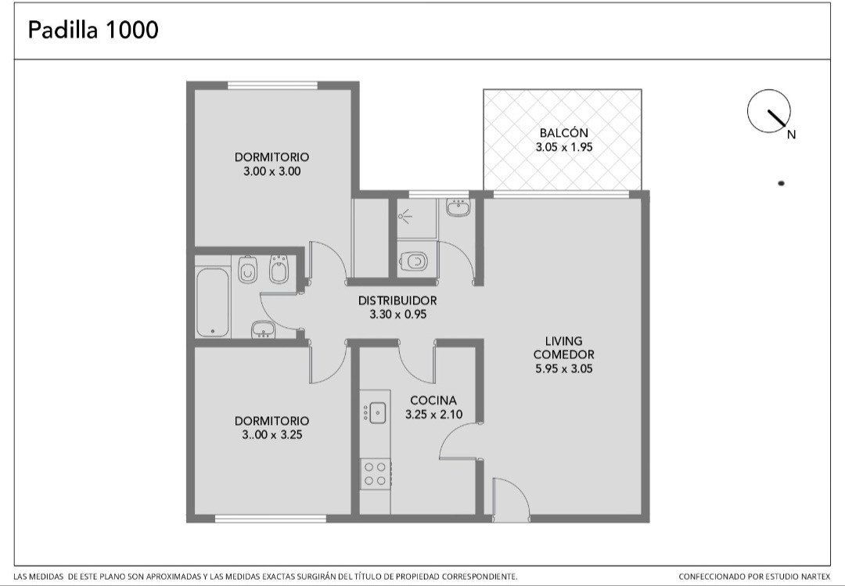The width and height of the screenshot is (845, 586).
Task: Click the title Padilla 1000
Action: coord(93,30)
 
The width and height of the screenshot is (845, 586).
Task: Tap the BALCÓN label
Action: coord(563,133)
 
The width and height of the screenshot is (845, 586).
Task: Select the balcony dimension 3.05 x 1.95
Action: coord(563,147)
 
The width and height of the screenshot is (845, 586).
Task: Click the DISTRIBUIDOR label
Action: coord(397,300)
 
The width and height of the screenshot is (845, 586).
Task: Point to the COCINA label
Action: coord(433,401)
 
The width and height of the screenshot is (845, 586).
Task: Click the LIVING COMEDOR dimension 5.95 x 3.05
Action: coord(563,369)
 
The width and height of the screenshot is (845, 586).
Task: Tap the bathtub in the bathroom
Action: coord(212,303)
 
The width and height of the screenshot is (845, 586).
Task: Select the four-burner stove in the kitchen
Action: coord(375,474)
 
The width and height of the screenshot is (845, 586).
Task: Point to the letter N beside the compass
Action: coord(791,135)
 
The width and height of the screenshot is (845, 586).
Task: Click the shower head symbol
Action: coord(405,217)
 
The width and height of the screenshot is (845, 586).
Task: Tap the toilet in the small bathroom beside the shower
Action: coord(413,262)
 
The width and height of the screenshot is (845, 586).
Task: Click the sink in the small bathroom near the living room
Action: coord(458,207)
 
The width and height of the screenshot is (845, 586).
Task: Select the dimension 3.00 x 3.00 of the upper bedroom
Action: coord(272,171)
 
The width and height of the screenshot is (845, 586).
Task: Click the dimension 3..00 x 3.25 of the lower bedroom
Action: coord(272,435)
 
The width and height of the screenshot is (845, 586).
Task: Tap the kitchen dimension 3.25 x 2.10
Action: coord(433,415)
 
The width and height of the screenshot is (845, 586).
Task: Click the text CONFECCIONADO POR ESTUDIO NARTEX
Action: coord(754,577)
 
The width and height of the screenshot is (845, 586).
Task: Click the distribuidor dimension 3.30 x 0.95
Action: coord(397,315)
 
